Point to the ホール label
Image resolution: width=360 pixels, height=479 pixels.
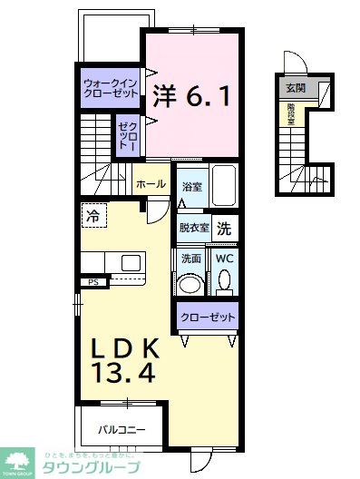(x=150, y=184)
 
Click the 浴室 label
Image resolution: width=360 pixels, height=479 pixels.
(x=190, y=187)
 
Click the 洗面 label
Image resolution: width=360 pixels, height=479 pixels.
(x=190, y=258)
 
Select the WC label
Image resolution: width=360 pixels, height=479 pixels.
(x=224, y=258)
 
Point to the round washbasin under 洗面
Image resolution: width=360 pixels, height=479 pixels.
(x=190, y=283)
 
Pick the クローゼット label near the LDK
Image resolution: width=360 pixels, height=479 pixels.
(x=208, y=318)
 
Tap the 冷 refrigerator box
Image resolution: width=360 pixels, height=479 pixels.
(x=93, y=216)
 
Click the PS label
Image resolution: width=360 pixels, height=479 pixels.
(x=93, y=282)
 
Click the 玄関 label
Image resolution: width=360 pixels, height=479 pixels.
(x=295, y=88)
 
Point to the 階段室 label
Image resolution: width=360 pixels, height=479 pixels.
(x=291, y=113)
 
